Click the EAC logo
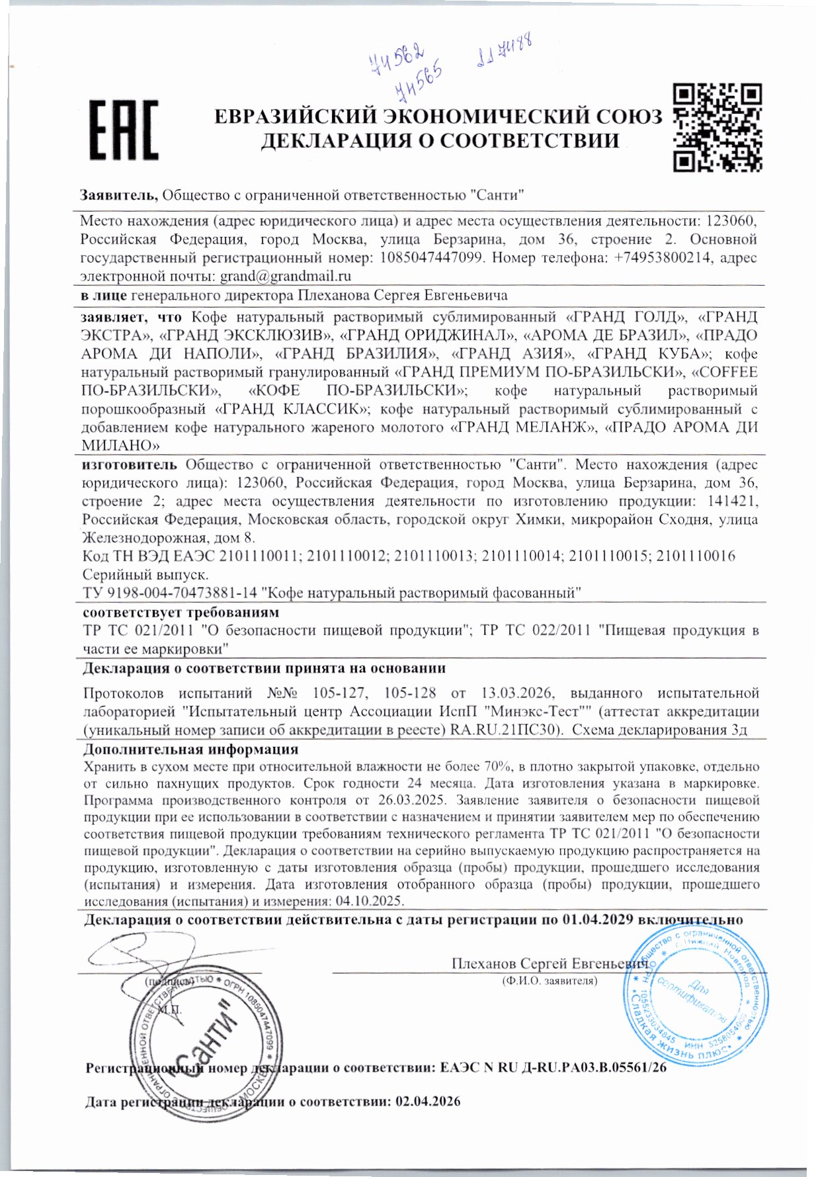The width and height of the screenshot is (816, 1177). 124,130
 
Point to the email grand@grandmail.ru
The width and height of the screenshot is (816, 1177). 285,276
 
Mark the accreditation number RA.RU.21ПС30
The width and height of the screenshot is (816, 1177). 506,730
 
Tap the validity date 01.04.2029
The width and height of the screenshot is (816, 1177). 598,920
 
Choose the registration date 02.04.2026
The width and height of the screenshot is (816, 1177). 427,1102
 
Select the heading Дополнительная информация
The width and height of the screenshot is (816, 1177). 190,750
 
